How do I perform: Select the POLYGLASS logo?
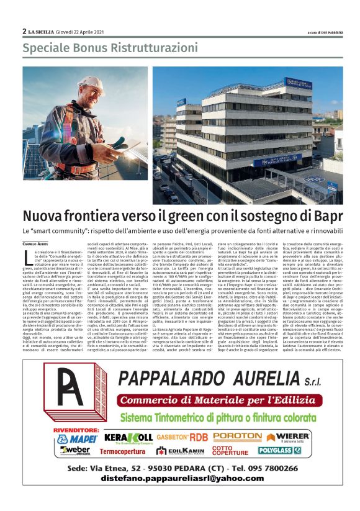[x=279, y=450]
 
